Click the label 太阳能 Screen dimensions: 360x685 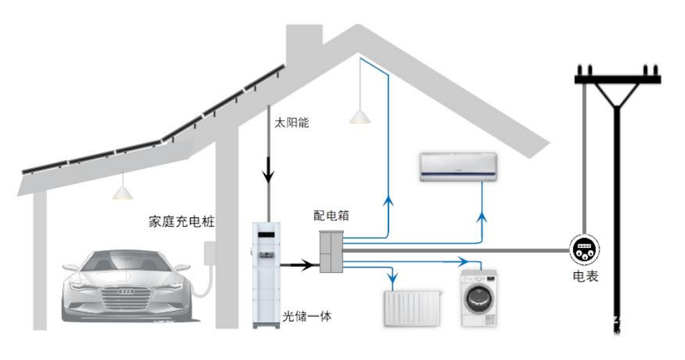(x=291, y=123)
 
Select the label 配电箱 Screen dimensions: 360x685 (x=331, y=215)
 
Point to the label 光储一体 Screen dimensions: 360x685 (x=307, y=315)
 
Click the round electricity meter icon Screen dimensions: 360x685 (x=582, y=250)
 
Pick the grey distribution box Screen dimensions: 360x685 (x=331, y=251)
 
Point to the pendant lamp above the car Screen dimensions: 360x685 (x=122, y=192)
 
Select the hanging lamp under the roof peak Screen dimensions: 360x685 (x=360, y=118)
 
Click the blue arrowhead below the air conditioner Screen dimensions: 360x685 (x=482, y=217)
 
